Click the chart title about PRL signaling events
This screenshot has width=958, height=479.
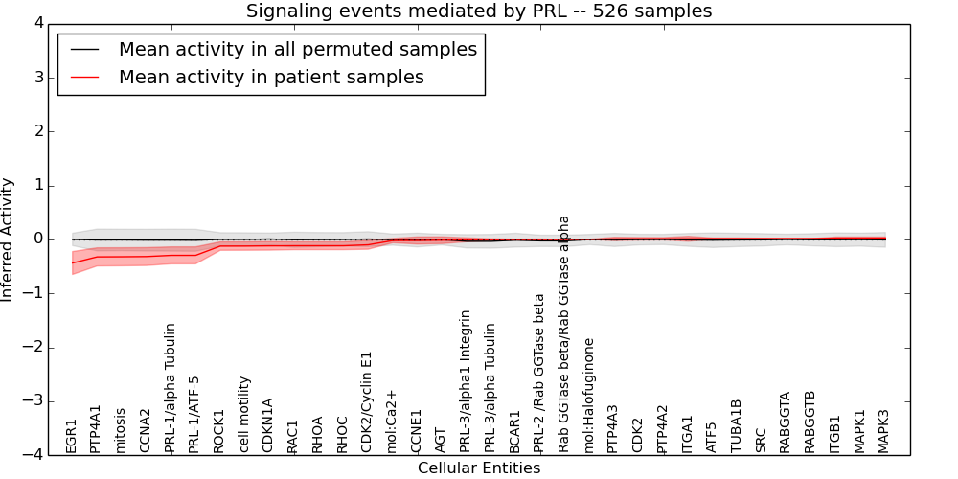point(479,11)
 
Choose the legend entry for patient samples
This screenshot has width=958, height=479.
point(271,78)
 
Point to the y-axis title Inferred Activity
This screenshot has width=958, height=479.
point(9,239)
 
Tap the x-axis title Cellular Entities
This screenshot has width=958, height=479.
point(479,468)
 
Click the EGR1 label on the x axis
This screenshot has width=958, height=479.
point(72,436)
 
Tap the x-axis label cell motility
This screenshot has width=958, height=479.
point(244,414)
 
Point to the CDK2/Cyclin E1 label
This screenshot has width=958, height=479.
point(367,401)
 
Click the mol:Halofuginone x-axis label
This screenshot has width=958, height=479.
point(589,395)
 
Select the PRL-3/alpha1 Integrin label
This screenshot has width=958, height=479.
point(466,380)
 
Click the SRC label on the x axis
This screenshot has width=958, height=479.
point(761,440)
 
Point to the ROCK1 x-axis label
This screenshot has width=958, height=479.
point(219,431)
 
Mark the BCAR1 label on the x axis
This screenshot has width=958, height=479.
point(515,431)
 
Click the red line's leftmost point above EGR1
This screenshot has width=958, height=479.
point(73,262)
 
